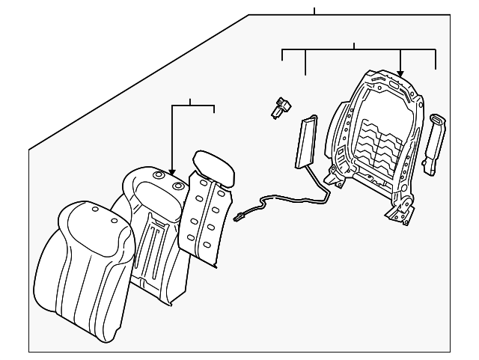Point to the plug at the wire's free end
click(239, 219)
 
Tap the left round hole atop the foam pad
click(159, 175)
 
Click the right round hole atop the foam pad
click(178, 186)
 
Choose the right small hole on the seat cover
click(114, 221)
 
